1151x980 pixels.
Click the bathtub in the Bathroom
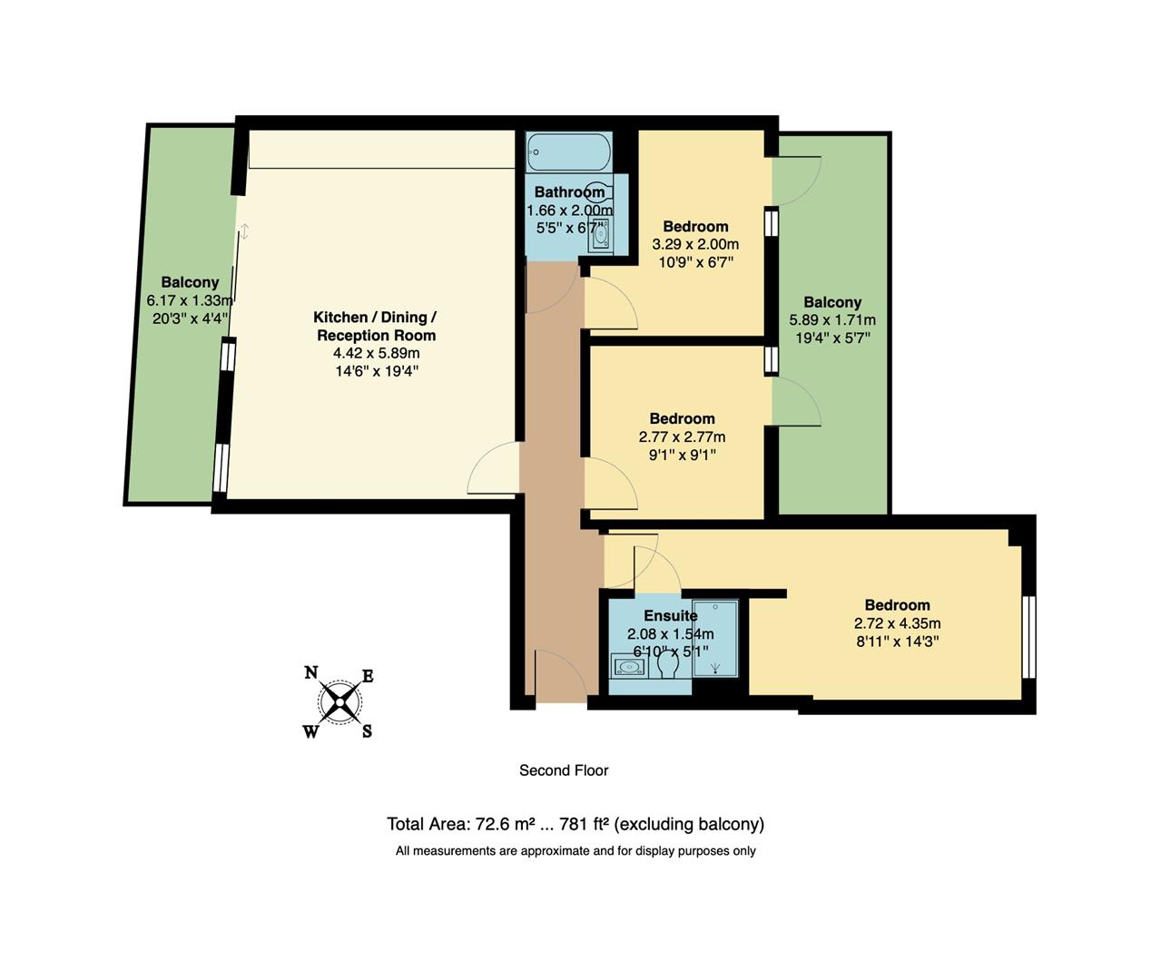(569, 152)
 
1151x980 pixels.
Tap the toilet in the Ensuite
(669, 666)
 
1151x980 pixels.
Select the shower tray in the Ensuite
(715, 638)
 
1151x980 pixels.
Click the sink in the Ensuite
(627, 667)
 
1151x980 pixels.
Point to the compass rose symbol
(339, 701)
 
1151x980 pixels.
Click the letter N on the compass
(310, 672)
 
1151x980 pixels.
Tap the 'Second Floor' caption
(564, 770)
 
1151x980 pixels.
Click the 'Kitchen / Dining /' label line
(375, 318)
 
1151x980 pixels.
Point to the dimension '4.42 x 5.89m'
(375, 353)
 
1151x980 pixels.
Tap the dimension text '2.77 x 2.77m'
(682, 436)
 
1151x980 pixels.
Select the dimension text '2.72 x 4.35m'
(897, 623)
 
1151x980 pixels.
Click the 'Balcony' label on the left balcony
(190, 282)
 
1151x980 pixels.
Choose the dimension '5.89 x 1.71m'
(832, 320)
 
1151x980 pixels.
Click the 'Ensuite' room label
(671, 616)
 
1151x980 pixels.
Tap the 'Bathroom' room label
(569, 192)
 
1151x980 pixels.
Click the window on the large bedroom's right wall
(1028, 637)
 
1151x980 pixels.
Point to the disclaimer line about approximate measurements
(575, 851)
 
